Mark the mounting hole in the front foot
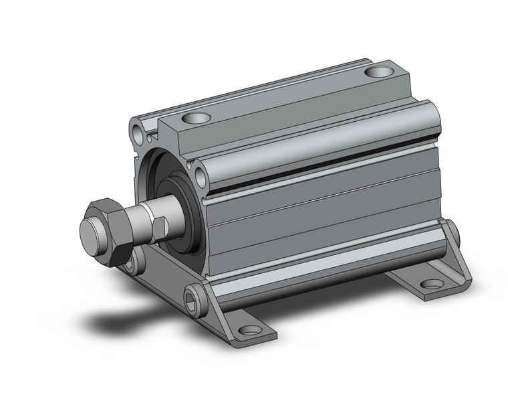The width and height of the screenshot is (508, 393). [249, 330]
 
